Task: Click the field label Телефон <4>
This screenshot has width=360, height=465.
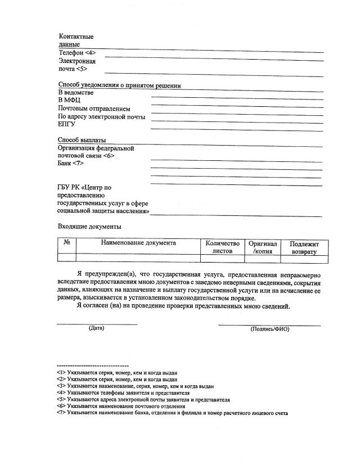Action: click(77, 52)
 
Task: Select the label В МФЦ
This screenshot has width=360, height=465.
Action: click(69, 101)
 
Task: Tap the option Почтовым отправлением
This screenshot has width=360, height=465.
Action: click(94, 109)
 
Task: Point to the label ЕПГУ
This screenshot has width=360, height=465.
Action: click(67, 125)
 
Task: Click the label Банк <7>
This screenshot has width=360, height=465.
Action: click(71, 164)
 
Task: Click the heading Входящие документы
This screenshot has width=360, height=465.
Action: click(89, 227)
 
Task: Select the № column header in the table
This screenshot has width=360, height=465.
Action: click(66, 243)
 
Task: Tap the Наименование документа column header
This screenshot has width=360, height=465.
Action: click(138, 243)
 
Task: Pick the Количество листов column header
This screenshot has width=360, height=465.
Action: click(222, 247)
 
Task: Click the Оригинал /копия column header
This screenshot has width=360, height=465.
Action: click(263, 247)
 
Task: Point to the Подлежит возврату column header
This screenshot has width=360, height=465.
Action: click(304, 248)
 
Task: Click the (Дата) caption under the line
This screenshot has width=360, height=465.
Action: click(96, 328)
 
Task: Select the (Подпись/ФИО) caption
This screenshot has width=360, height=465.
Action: click(269, 329)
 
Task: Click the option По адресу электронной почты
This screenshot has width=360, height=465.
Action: click(102, 117)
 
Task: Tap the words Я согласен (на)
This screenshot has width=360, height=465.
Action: click(102, 306)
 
